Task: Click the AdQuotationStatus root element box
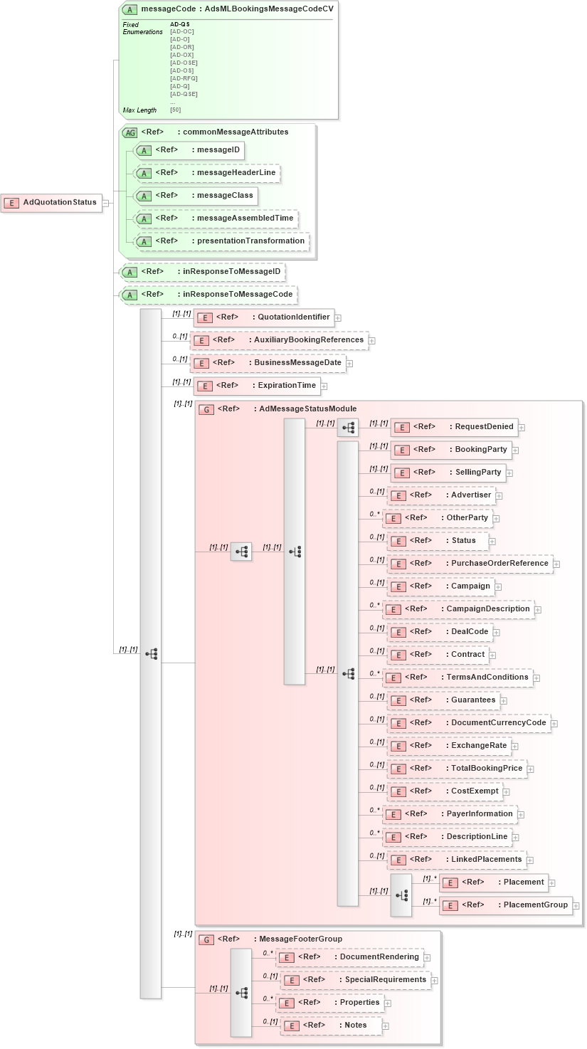pos(51,203)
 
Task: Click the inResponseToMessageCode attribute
pos(208,295)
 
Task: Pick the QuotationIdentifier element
pos(264,317)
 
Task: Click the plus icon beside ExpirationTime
pos(324,386)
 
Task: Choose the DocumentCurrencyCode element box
pos(468,723)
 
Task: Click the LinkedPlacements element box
pos(457,860)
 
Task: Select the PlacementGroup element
pos(506,905)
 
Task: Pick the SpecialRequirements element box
pos(355,980)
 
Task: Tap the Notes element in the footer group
pos(331,1026)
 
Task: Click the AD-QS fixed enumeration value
pos(180,24)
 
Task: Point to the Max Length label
pos(139,110)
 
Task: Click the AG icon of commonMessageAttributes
pos(130,132)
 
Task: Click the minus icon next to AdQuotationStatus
pos(105,203)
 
